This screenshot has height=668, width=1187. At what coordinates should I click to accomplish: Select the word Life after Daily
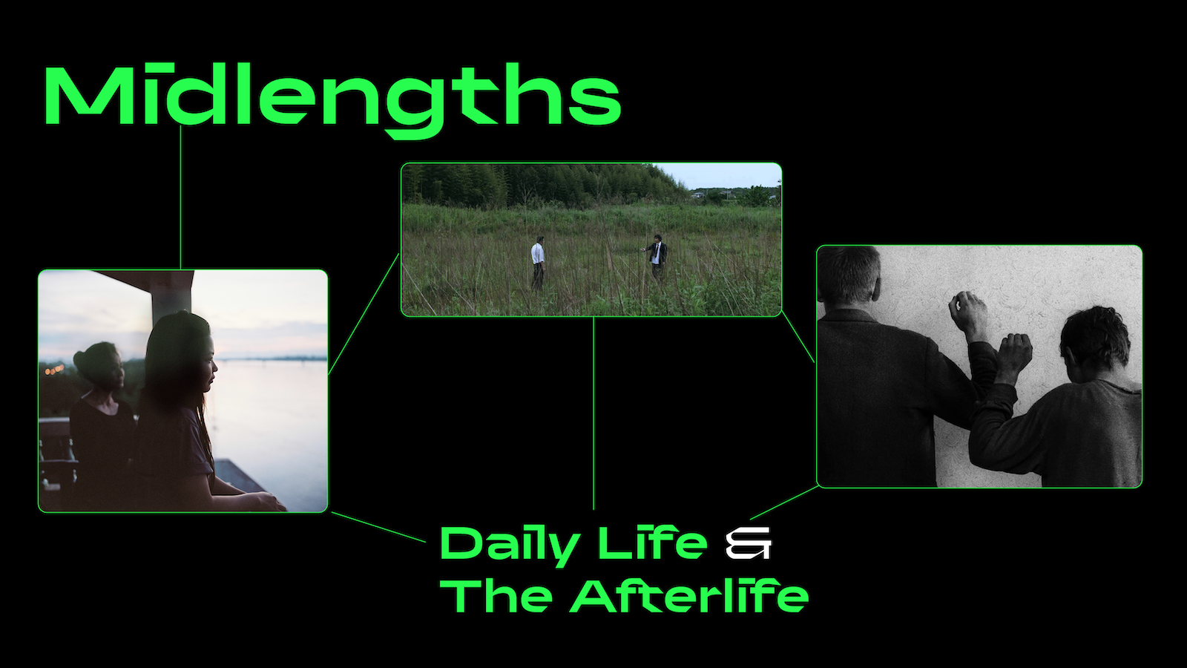pyautogui.click(x=653, y=543)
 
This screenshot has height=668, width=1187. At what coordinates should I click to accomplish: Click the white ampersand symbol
pyautogui.click(x=749, y=543)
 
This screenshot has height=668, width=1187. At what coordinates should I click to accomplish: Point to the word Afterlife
pyautogui.click(x=689, y=596)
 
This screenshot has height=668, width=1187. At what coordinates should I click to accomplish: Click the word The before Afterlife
pyautogui.click(x=496, y=596)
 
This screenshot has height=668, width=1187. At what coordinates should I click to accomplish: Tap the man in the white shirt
pyautogui.click(x=538, y=263)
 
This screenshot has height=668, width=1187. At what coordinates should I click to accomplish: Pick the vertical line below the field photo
pyautogui.click(x=593, y=413)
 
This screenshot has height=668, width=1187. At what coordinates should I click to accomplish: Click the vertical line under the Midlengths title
pyautogui.click(x=181, y=197)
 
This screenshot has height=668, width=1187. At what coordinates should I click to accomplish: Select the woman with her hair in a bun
pyautogui.click(x=101, y=419)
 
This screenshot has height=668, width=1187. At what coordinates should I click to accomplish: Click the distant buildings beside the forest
pyautogui.click(x=731, y=194)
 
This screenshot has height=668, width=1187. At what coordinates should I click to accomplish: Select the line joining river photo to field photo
pyautogui.click(x=364, y=314)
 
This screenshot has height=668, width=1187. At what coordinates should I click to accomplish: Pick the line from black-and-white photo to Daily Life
pyautogui.click(x=784, y=502)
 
